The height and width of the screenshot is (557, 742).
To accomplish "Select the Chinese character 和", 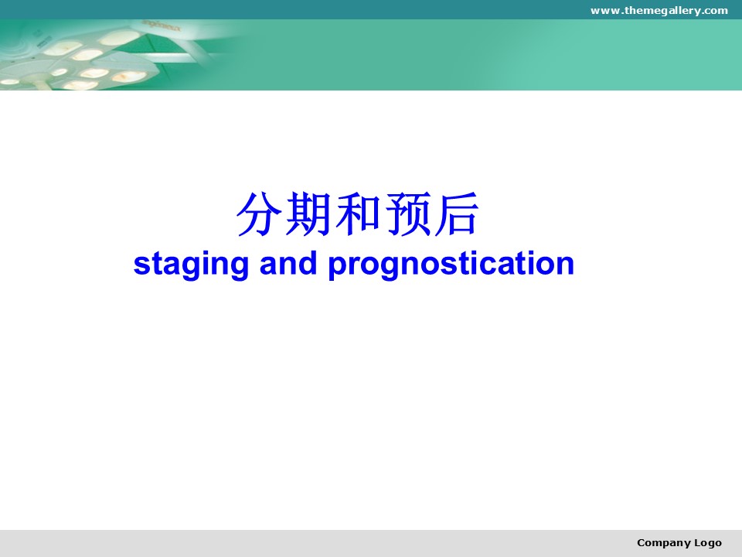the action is pyautogui.click(x=358, y=214).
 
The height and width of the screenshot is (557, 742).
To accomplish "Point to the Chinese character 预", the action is pyautogui.click(x=408, y=214).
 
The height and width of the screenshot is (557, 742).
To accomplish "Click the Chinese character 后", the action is pyautogui.click(x=457, y=214).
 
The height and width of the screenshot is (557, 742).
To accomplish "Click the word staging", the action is pyautogui.click(x=191, y=265).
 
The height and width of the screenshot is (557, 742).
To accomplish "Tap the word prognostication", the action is pyautogui.click(x=451, y=265).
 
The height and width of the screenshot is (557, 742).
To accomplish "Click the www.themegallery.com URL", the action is pyautogui.click(x=659, y=10).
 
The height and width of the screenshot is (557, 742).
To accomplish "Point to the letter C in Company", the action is pyautogui.click(x=641, y=542).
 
